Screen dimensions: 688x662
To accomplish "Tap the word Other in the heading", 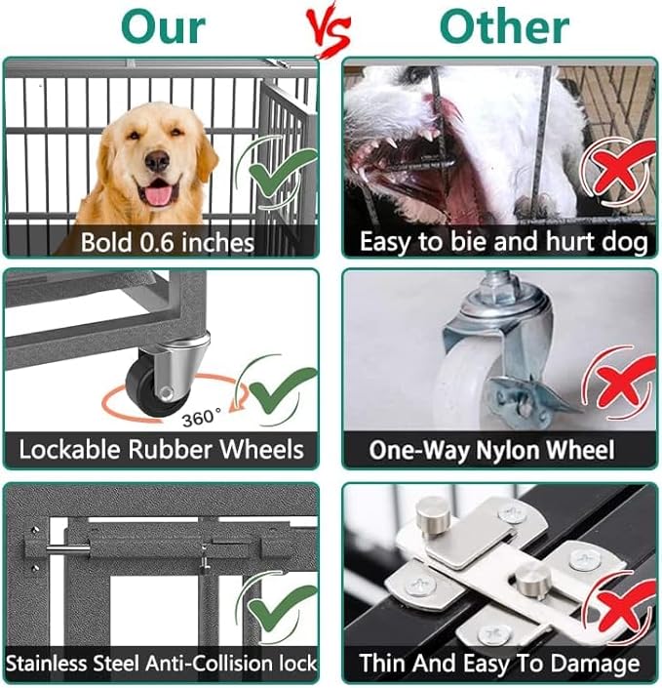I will [503, 27].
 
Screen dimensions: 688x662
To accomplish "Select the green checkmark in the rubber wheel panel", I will [281, 391].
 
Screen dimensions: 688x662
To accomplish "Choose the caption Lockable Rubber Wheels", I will [161, 450].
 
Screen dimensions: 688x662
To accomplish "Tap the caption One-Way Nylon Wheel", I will [491, 450].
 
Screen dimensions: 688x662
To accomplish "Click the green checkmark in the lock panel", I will [281, 605].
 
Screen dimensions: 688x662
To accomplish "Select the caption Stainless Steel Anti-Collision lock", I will [161, 664].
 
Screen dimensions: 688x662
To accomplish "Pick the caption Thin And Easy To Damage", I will [499, 664].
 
